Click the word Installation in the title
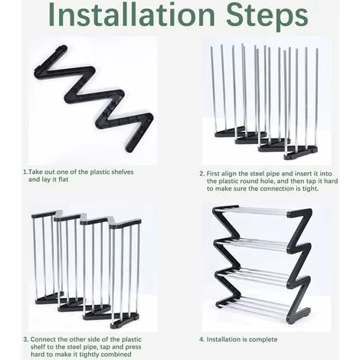pos(132,15)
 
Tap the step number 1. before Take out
pos(25,172)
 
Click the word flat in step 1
pos(63,179)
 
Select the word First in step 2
pos(213,174)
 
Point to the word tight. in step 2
pos(311,188)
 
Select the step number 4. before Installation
pos(202,339)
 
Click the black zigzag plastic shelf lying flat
pos(93,98)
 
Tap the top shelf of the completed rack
pos(263,211)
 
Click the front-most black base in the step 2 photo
pos(301,154)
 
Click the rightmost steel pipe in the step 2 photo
pos(316,98)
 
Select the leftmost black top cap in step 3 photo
pos(44,214)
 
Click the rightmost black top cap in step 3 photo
pos(125,224)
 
